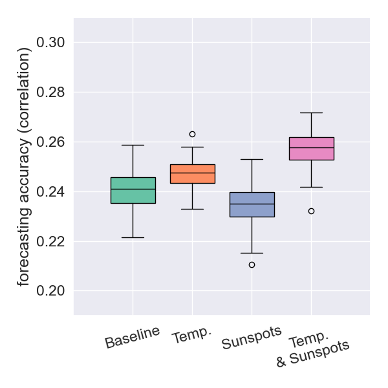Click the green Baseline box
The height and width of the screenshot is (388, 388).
tap(133, 190)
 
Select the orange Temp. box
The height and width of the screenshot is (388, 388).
tap(193, 174)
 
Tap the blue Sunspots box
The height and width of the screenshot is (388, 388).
tap(252, 204)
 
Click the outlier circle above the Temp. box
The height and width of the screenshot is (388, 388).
tap(192, 135)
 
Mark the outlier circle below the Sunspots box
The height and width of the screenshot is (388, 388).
tap(252, 264)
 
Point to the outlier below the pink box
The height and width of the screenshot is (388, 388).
tap(311, 211)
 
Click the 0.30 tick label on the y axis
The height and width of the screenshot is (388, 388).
tap(50, 43)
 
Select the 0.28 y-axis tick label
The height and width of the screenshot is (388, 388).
tap(50, 92)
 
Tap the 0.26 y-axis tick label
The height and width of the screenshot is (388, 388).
tap(50, 142)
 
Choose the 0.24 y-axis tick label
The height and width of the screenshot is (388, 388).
tap(50, 192)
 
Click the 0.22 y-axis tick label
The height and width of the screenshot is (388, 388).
tap(50, 242)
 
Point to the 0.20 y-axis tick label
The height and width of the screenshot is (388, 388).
tap(50, 291)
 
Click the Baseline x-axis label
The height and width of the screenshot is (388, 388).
tap(133, 338)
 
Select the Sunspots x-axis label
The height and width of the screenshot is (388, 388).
tap(252, 338)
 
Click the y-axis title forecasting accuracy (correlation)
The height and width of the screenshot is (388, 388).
tap(23, 167)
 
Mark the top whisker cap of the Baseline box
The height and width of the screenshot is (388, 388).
tap(133, 145)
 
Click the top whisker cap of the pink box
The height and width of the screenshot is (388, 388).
tap(311, 113)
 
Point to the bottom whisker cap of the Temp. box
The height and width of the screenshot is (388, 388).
tap(193, 210)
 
